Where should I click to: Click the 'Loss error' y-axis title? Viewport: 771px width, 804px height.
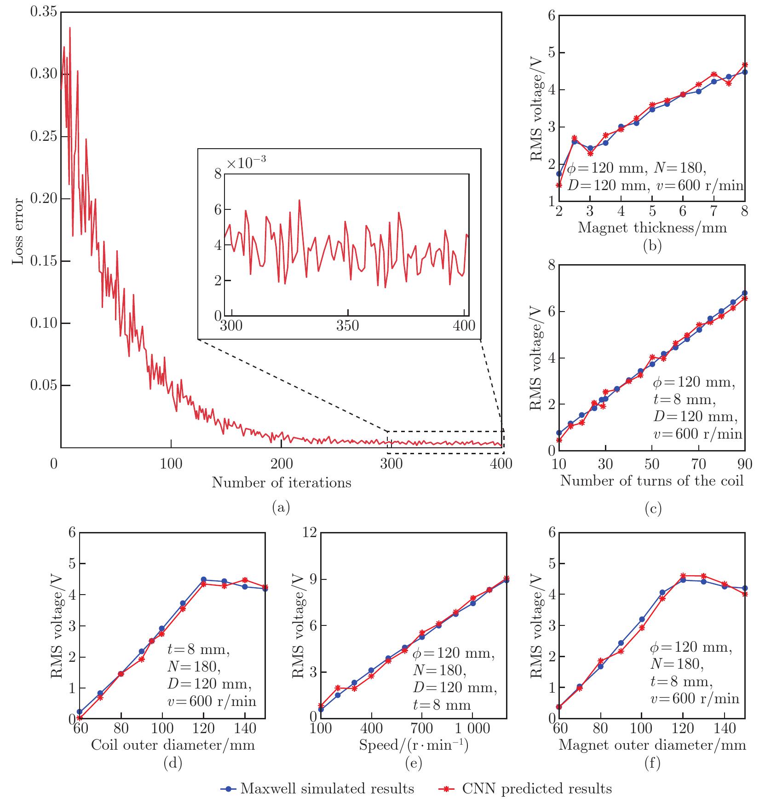point(18,231)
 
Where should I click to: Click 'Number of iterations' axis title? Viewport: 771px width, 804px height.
point(281,482)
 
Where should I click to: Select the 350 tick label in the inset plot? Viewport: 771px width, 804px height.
point(347,325)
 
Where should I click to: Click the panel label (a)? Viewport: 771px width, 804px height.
point(281,508)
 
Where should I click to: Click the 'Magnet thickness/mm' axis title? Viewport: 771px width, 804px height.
point(652,227)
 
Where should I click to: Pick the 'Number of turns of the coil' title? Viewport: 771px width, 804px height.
point(652,480)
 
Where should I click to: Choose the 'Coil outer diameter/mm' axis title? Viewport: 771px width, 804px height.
point(173,745)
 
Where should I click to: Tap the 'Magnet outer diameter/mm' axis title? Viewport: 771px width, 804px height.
point(652,745)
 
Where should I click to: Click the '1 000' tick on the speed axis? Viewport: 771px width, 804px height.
point(472,729)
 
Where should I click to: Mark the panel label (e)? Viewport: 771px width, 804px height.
point(413,763)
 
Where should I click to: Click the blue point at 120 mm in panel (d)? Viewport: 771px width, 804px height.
point(203,579)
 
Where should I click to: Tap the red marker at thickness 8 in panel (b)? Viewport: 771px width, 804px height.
point(745,65)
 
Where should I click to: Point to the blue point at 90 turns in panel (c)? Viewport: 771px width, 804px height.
point(745,293)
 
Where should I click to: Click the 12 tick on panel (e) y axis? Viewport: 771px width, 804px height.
point(309,533)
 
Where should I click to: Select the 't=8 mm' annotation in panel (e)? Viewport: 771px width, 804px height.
point(442,705)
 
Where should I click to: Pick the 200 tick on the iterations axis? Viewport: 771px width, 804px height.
point(282,463)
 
